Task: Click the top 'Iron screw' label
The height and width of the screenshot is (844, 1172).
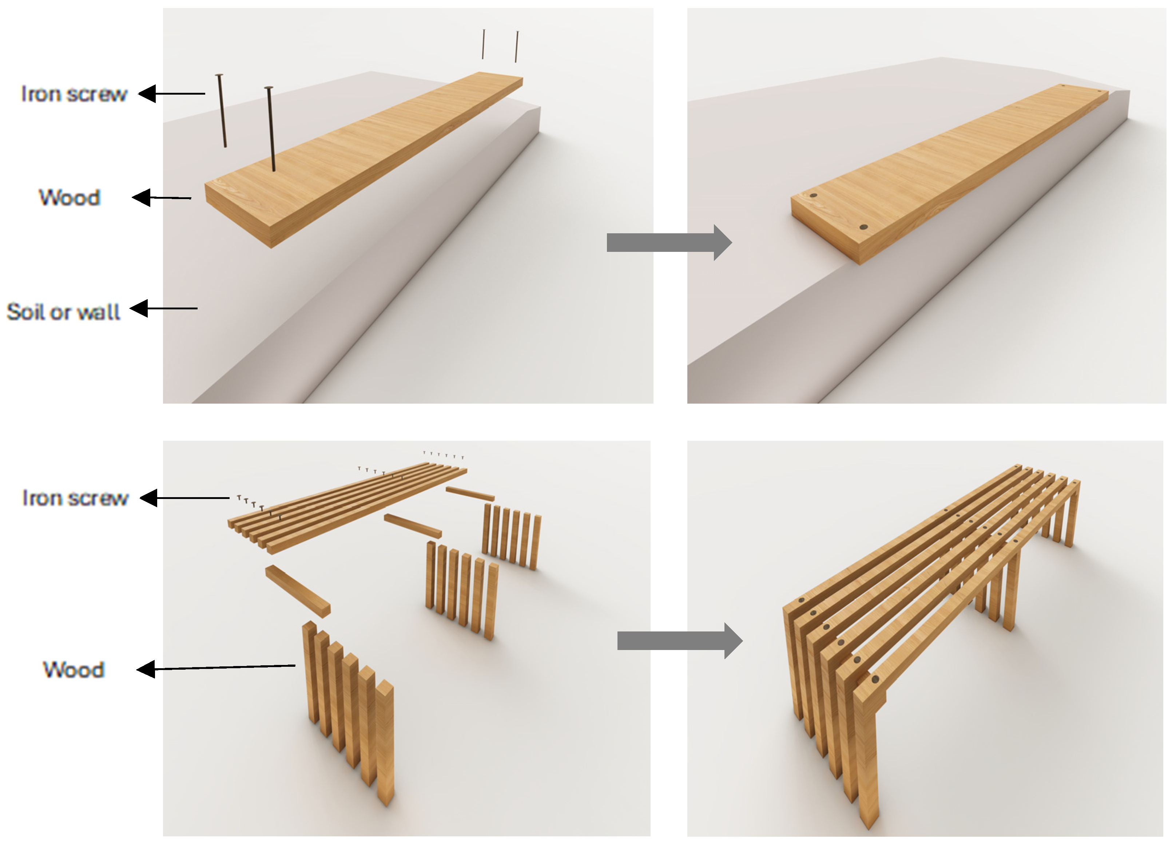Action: [x=74, y=94]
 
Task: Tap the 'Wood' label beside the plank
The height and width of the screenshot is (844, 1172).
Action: [x=70, y=197]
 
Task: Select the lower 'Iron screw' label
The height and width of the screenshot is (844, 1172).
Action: [x=75, y=498]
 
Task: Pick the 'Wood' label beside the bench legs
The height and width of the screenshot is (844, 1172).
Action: [x=74, y=669]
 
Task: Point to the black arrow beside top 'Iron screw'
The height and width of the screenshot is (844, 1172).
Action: [x=172, y=94]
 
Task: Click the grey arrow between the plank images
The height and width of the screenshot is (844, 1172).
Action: [x=669, y=242]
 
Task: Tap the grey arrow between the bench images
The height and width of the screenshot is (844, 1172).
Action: [x=680, y=641]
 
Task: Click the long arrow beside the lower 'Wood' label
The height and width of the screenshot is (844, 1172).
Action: [x=216, y=668]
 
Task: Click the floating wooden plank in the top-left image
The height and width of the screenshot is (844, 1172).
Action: [x=364, y=160]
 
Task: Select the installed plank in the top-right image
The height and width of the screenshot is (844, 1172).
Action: [x=950, y=175]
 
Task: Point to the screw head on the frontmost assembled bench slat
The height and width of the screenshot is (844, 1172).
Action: [x=875, y=679]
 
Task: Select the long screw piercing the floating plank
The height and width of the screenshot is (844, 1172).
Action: [x=270, y=129]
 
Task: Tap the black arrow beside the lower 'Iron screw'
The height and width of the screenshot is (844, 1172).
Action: [x=185, y=498]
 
